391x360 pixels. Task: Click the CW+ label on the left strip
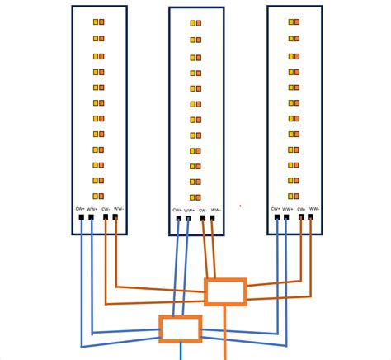pos(81,208)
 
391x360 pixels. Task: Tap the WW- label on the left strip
pos(118,208)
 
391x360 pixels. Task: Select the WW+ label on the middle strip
pos(190,211)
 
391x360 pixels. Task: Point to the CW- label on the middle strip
pos(203,211)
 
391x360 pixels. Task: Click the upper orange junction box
pos(225,292)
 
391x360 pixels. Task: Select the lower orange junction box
pos(180,329)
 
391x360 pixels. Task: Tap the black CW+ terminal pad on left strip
pos(82,217)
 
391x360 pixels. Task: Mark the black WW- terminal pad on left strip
pos(115,217)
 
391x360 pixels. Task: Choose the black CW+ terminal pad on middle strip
pos(177,220)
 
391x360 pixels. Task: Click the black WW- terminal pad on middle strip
pos(214,220)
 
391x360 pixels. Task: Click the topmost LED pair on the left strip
pos(98,23)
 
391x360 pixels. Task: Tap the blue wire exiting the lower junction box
pos(181,353)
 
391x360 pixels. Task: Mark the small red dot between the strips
pos(240,206)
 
